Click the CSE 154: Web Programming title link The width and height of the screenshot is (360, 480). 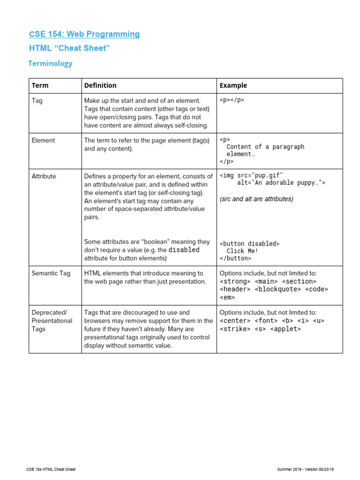[84, 34]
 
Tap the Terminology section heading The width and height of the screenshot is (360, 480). [50, 63]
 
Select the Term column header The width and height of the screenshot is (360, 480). [40, 85]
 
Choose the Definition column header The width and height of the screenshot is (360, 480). [100, 85]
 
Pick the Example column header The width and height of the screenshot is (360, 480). [233, 85]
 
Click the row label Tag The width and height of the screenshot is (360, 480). [37, 100]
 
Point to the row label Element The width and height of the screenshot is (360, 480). [43, 140]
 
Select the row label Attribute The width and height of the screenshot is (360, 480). [44, 176]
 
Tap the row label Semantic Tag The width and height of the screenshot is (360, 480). [51, 273]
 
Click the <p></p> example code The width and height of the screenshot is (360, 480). [232, 100]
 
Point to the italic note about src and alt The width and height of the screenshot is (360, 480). [256, 199]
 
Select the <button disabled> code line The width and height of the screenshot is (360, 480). [249, 244]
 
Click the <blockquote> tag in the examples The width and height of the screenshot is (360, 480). [278, 289]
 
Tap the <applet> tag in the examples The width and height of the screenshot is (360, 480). [285, 329]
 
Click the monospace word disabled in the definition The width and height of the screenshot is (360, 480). [184, 250]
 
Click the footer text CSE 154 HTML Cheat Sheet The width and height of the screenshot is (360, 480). [51, 469]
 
